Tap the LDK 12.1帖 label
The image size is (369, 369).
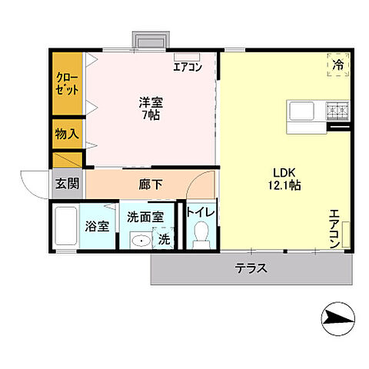(284, 178)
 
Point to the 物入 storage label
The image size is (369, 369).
(66, 134)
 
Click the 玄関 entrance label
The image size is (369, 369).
(66, 183)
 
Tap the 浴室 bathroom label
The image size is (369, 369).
(98, 228)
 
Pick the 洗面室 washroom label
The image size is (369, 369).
(145, 217)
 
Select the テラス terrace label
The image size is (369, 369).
(251, 269)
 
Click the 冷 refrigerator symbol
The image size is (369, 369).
(337, 65)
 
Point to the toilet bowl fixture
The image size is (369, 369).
(202, 233)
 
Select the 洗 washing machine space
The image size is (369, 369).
(164, 240)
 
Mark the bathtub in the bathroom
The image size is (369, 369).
(67, 228)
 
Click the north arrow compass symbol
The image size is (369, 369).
(337, 316)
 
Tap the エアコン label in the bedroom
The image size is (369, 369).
(187, 67)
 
